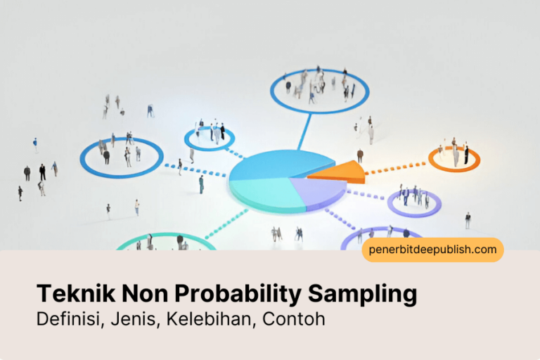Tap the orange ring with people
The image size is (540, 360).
pos(454,160)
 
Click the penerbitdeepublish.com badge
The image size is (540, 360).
pos(432,250)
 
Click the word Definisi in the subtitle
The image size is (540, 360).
pos(69,320)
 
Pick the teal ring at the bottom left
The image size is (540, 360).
pos(165,240)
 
